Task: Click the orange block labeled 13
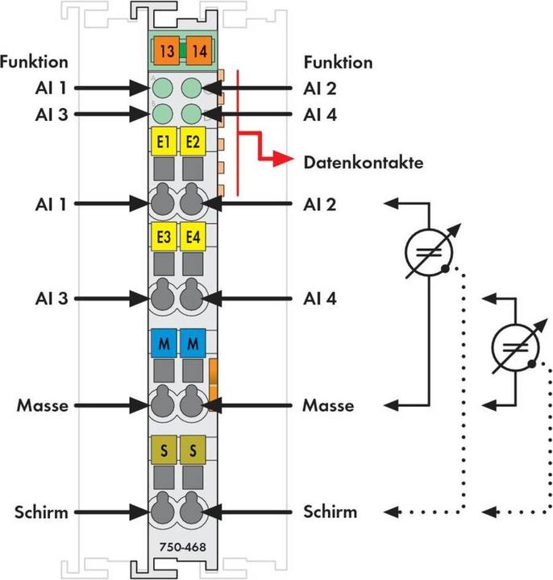(166, 51)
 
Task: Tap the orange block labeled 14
(199, 51)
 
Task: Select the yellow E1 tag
(164, 141)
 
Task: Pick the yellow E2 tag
(193, 141)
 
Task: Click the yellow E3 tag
(164, 236)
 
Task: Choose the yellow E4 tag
(193, 236)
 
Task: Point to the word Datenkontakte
(363, 163)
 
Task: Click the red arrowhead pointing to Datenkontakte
(283, 159)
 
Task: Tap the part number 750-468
(182, 547)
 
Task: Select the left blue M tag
(164, 343)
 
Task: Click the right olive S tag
(193, 449)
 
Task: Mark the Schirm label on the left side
(41, 512)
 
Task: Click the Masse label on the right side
(328, 405)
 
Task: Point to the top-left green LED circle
(163, 88)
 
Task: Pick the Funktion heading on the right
(338, 62)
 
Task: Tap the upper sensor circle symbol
(429, 252)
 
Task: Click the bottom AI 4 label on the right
(320, 299)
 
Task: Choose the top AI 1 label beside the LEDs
(52, 88)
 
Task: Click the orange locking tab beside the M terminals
(213, 385)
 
